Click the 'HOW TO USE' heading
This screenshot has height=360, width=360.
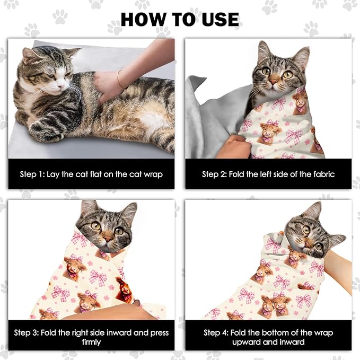coord(180,19)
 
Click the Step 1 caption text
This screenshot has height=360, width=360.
coord(91,174)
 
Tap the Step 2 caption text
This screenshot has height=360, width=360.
coord(268,174)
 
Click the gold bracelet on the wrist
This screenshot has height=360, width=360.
coord(120,79)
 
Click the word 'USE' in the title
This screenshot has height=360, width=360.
coord(215,19)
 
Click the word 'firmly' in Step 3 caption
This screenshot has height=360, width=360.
coord(91,342)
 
